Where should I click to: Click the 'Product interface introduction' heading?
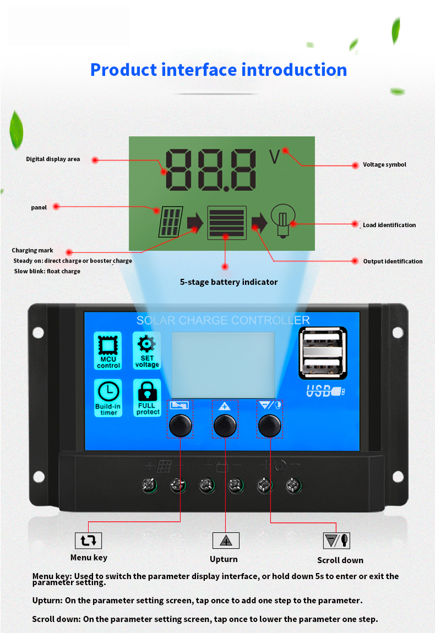coord(219,70)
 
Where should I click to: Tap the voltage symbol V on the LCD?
coord(274,157)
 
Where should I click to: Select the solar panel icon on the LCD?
coord(171,222)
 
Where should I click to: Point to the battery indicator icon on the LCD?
coord(226,222)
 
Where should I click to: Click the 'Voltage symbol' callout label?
coord(384,164)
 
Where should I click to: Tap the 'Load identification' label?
coord(389,225)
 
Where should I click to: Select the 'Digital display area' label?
coord(53,159)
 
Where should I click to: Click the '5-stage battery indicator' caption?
coord(229,282)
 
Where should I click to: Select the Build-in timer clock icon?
coord(108,397)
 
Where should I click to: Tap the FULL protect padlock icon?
coord(147,397)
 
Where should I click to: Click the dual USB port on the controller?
coord(323,353)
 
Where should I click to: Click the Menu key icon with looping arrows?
coord(88,541)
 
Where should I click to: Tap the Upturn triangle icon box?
coord(226,541)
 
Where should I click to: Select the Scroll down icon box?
coord(336,541)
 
